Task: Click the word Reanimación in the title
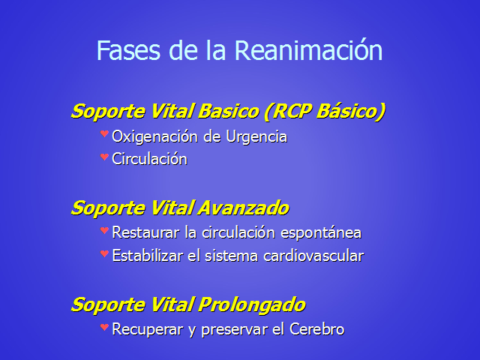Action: pos(308,50)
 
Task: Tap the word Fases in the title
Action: pos(128,50)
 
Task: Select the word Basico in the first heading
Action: pos(229,111)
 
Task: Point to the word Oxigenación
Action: pos(155,136)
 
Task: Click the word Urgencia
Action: pos(256,136)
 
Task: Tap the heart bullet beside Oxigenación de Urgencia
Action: pos(104,133)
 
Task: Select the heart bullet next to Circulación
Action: pos(104,157)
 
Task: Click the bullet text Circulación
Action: pos(150,159)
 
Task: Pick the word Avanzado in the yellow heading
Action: pos(243,208)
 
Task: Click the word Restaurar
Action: pos(145,232)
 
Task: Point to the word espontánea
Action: pos(321,233)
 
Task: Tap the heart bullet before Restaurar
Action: pos(104,230)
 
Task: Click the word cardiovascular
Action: pos(313,256)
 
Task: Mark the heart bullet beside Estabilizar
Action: pos(104,253)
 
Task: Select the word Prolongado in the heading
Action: pos(252,305)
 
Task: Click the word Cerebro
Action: pos(316,329)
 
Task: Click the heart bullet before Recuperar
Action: pos(104,327)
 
